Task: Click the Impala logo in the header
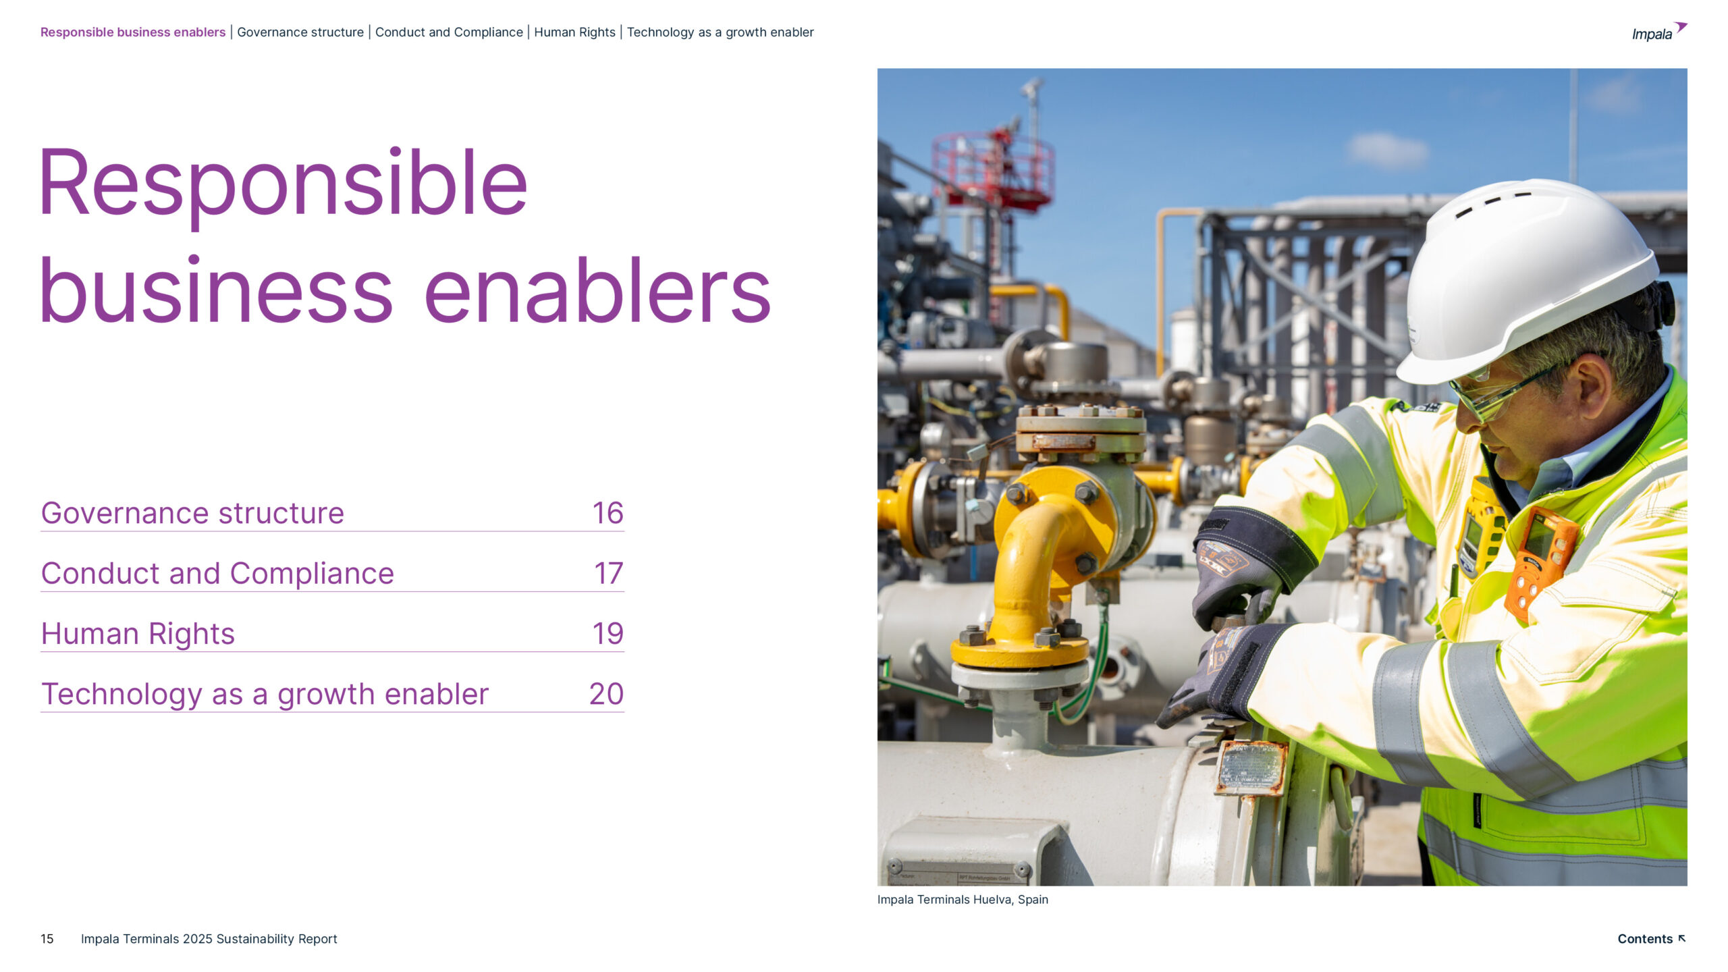[1658, 32]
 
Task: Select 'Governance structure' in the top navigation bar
[300, 32]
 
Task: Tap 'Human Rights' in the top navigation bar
[574, 32]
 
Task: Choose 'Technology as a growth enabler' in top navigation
[720, 32]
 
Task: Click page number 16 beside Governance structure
[607, 513]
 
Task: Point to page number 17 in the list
[608, 574]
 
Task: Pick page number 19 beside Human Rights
[607, 634]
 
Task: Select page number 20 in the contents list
[606, 694]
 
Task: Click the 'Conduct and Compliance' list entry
[217, 574]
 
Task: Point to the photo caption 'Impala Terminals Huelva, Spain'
[963, 900]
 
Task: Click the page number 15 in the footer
[47, 939]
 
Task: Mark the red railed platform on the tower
[992, 169]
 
